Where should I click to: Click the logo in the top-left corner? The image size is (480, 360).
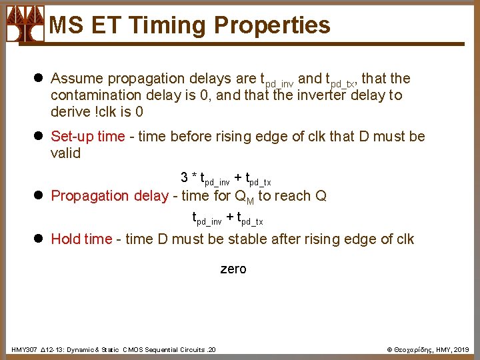pos(25,24)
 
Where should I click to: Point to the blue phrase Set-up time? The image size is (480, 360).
pos(87,137)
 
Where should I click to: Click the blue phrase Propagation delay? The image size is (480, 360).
pos(107,195)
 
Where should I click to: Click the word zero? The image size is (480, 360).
pos(233,269)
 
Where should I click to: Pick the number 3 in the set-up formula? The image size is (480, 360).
pos(184,177)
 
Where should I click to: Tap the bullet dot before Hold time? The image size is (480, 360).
pos(40,239)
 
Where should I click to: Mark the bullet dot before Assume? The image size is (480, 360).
pos(40,79)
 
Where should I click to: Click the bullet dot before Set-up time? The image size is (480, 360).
pos(40,137)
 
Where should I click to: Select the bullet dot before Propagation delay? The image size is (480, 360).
pos(40,196)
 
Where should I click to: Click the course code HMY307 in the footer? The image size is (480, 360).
pos(25,349)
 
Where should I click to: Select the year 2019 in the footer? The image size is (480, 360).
pos(462,349)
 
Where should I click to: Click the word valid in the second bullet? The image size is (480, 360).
pos(65,153)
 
